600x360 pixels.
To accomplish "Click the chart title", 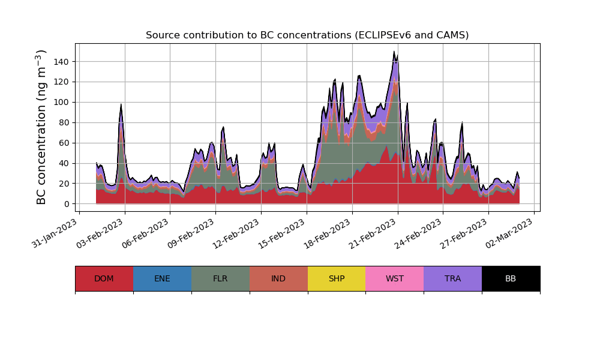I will pos(307,35).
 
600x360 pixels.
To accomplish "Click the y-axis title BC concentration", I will pos(41,127).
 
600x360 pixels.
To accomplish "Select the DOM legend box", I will pos(104,278).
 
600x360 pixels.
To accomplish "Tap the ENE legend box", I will pos(162,278).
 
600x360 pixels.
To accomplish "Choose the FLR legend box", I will pos(220,278).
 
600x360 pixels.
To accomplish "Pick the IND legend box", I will pos(278,278).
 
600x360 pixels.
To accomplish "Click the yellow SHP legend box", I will pos(337,278).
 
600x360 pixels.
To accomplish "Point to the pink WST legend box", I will pos(395,278).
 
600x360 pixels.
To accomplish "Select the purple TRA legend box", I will pos(453,278).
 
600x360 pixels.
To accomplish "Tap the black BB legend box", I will pos(511,278).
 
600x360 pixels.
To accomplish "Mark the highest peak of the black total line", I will pos(394,52).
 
